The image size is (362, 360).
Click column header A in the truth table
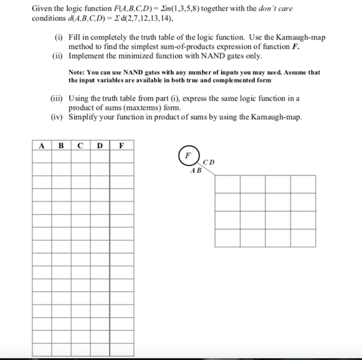coord(42,146)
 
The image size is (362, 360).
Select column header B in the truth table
coord(61,146)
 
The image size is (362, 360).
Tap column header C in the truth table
coord(80,146)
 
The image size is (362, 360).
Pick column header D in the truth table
coord(99,146)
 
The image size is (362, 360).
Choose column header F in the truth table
coord(121,146)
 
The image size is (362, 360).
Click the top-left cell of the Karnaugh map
coord(227,184)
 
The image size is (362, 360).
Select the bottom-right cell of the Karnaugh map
coord(303,237)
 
